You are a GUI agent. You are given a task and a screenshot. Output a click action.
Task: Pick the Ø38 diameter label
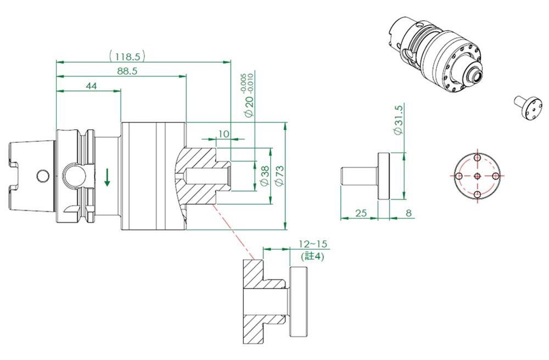(x=264, y=176)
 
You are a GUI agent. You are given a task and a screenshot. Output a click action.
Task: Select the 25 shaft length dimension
(x=360, y=212)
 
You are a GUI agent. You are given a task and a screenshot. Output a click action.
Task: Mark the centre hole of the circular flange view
(x=477, y=176)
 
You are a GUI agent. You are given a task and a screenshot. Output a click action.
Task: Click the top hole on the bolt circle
(x=477, y=157)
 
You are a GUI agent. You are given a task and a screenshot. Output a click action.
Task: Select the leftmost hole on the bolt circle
(x=458, y=176)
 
